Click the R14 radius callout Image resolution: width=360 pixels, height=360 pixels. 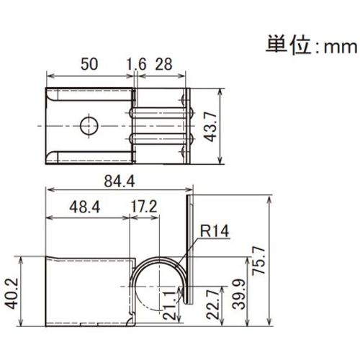[212, 232]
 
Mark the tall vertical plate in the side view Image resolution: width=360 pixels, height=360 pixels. [190, 245]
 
